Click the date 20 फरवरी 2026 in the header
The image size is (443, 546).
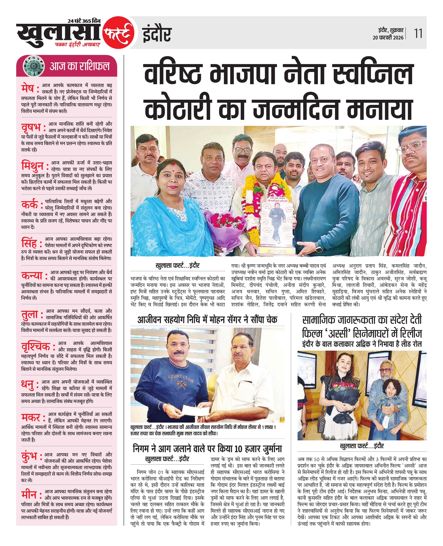point(388,38)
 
